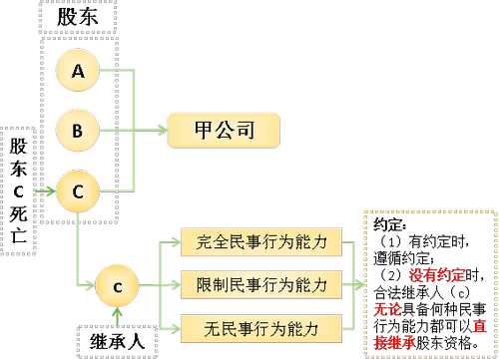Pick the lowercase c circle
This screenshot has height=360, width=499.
pos(117,287)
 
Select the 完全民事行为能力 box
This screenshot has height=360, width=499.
pos(261,241)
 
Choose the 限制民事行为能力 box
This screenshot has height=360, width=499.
pos(261,285)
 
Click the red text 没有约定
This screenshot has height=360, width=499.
pos(436,275)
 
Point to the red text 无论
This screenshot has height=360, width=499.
pos(388,309)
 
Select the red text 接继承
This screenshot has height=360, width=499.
pos(395,342)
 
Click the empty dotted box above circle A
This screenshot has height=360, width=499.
pos(77,16)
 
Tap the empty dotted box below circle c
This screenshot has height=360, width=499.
pos(118,341)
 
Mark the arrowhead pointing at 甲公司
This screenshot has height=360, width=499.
pos(162,130)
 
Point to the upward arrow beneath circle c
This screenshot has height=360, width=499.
pos(118,314)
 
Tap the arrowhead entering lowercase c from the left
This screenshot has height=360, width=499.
pos(92,287)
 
